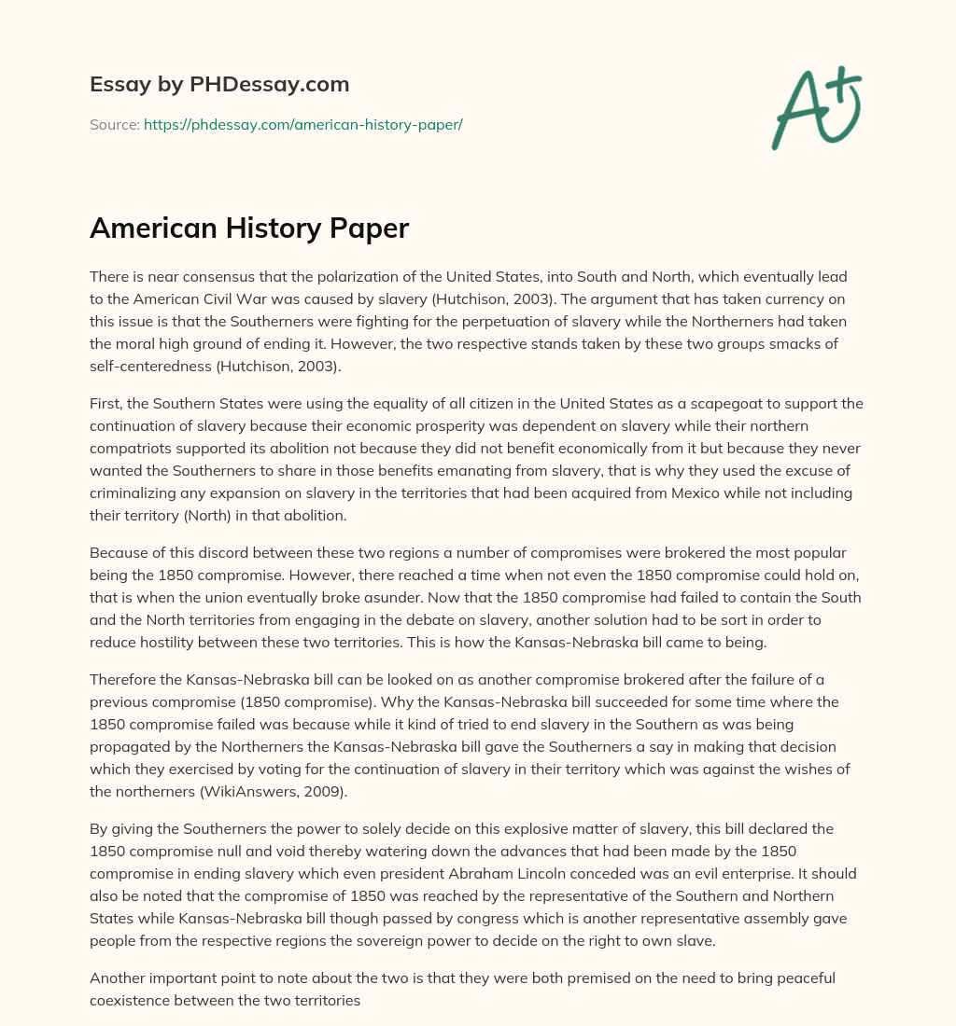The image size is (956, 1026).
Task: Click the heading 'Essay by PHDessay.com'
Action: [219, 84]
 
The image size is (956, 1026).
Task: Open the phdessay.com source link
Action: [303, 124]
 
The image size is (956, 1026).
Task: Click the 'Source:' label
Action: [115, 124]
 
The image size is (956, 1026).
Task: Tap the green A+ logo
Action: [815, 107]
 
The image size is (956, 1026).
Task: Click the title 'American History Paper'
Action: [249, 228]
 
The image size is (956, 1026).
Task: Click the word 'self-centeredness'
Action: [152, 366]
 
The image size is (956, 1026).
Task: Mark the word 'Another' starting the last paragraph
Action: [120, 977]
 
